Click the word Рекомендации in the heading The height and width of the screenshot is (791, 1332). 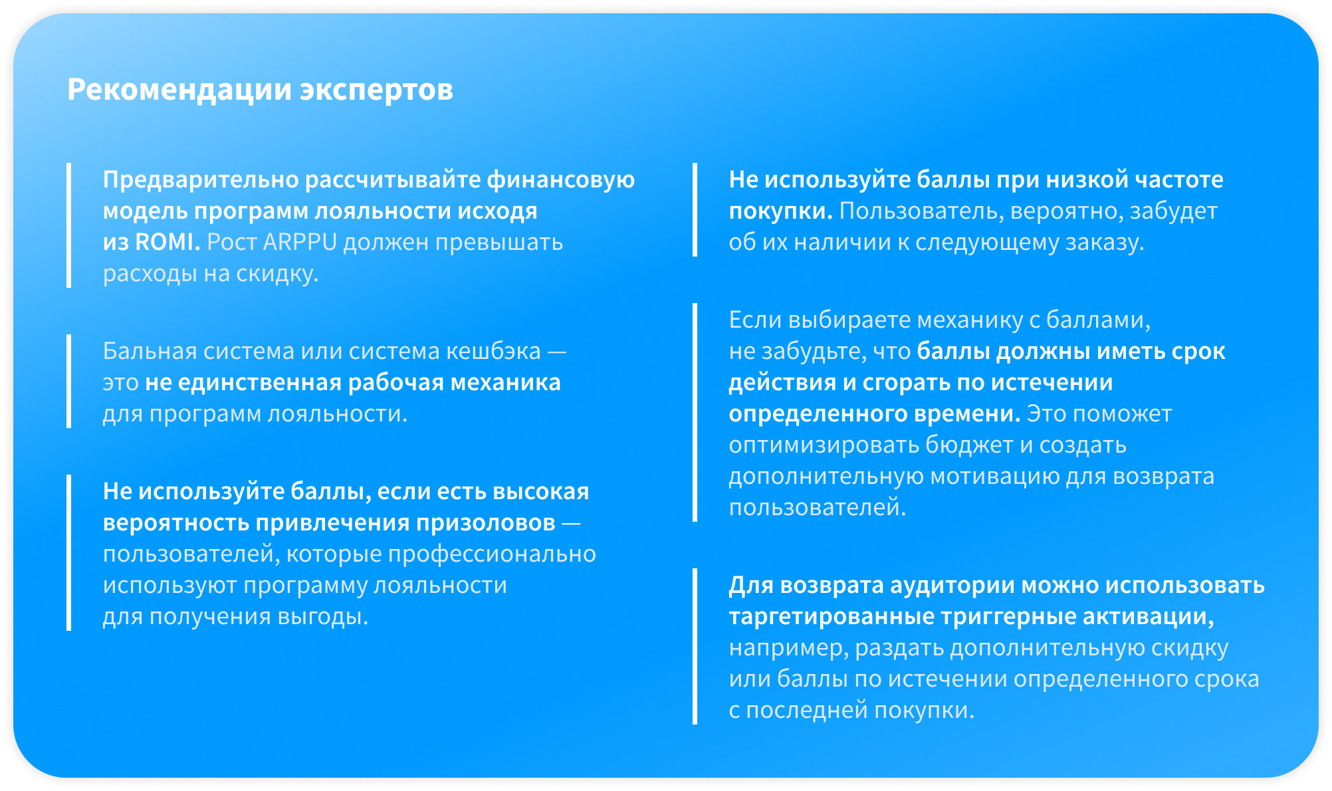point(179,90)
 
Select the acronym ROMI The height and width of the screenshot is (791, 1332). point(167,242)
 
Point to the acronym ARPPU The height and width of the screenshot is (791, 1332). point(300,242)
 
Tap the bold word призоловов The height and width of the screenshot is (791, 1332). point(486,524)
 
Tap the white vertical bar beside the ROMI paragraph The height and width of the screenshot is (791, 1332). point(68,225)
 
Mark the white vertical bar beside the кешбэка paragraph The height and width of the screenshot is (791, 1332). point(68,382)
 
